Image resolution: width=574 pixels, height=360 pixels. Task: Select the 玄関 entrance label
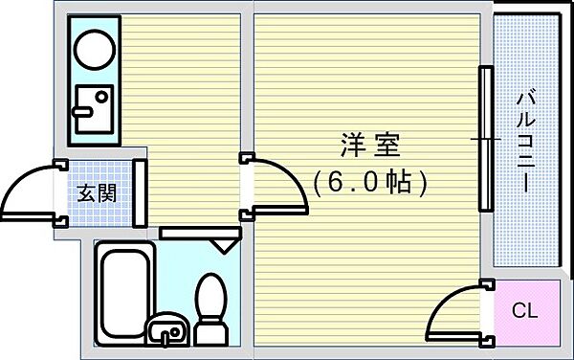[97, 192]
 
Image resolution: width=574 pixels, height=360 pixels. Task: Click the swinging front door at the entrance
[29, 191]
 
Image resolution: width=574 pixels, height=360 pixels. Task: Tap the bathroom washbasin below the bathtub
[169, 329]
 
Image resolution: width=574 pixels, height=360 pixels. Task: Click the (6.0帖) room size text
[368, 182]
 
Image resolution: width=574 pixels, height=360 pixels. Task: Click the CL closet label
[524, 311]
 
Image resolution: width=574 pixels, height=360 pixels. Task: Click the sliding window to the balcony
[487, 140]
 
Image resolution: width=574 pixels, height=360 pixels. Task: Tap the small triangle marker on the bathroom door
[223, 245]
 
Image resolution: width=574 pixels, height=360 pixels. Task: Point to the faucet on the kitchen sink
[82, 111]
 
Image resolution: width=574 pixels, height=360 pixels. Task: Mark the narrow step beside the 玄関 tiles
[139, 191]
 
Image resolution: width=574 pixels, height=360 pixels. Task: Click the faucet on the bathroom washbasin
[172, 335]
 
